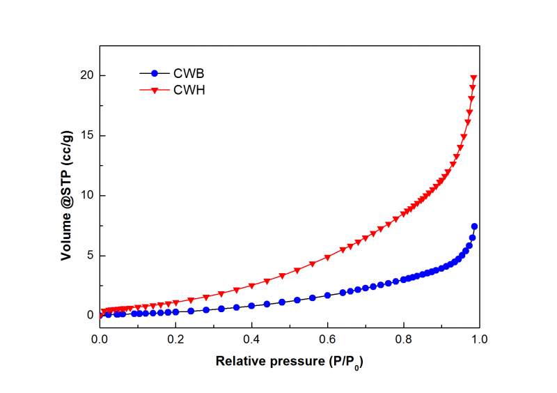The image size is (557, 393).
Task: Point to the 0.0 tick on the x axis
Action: coord(100,339)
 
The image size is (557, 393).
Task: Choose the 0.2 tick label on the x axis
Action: coord(176,339)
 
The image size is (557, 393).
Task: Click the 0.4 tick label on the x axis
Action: coord(252,339)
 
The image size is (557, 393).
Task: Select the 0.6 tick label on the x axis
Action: coord(328,339)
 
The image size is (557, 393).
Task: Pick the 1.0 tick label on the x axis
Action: coord(479,339)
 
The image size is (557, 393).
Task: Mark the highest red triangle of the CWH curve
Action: coord(474,79)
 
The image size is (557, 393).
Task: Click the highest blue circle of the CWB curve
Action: coord(474,226)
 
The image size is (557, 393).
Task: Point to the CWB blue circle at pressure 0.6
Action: coord(327,295)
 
